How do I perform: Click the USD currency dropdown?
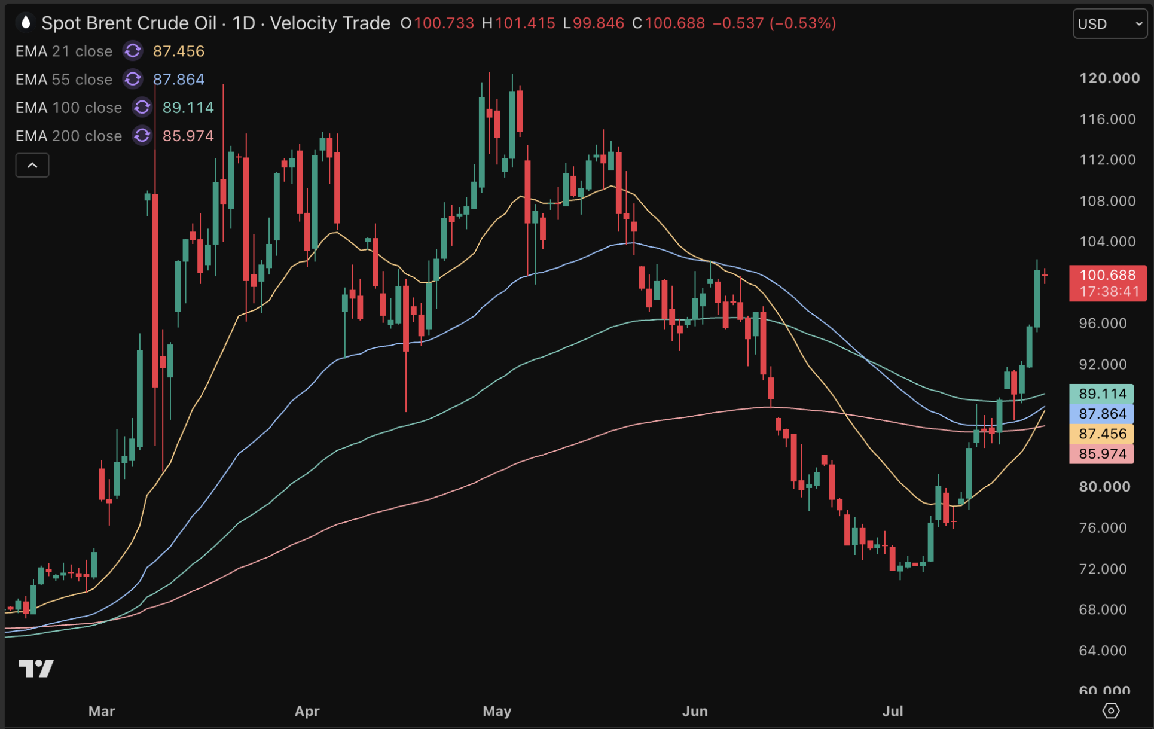point(1110,24)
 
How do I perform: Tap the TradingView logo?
point(36,668)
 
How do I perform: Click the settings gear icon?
point(1110,711)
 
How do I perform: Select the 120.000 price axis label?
point(1109,78)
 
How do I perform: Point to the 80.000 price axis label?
point(1104,487)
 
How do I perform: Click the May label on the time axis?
point(497,711)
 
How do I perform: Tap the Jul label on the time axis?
point(893,711)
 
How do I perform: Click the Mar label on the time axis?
point(102,711)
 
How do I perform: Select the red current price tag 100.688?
point(1107,283)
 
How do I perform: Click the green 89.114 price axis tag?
point(1101,394)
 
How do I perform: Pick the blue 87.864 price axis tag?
point(1101,414)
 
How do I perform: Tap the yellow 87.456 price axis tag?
point(1101,434)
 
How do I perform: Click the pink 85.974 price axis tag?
point(1101,454)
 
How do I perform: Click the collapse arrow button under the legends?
point(32,165)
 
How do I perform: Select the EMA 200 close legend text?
point(69,136)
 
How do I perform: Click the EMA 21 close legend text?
point(64,51)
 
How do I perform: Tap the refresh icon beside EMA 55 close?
point(133,79)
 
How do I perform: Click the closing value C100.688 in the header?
point(668,23)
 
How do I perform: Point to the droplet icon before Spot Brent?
point(25,23)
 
